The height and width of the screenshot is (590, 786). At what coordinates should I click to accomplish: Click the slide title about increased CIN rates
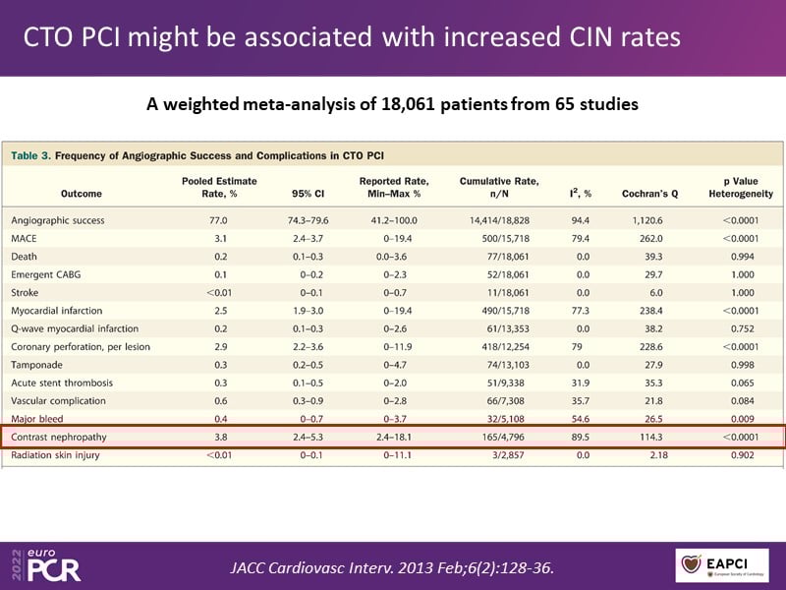click(x=352, y=38)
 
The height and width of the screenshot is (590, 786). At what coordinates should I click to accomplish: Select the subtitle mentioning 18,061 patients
click(x=392, y=104)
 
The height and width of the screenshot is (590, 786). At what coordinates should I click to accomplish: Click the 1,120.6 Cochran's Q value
click(x=649, y=219)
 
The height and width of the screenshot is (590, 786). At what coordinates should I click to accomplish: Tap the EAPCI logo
click(x=728, y=565)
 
